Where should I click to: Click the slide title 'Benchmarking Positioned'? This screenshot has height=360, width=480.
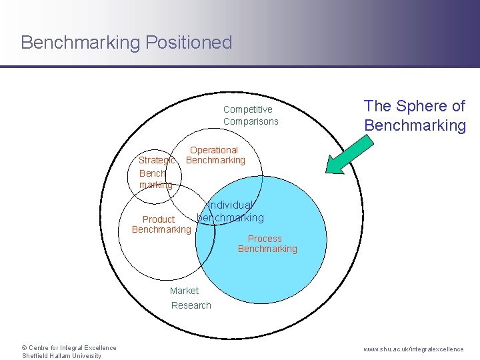point(126,43)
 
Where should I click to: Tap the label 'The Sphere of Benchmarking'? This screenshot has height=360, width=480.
point(414,115)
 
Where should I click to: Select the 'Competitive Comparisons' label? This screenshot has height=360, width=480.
point(251,115)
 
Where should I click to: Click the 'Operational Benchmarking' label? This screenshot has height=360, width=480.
point(215,155)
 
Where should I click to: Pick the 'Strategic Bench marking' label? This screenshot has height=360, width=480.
point(156,172)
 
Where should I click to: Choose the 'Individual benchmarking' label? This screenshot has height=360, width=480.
point(231,211)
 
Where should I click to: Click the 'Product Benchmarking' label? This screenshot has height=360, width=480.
point(161,225)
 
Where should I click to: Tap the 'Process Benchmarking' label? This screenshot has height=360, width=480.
point(267,243)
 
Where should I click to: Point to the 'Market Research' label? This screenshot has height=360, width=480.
point(190,298)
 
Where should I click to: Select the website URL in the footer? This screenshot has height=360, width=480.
point(413,349)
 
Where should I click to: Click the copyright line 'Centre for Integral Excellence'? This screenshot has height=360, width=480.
point(69,347)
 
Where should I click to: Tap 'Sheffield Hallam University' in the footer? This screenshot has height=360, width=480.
point(61,355)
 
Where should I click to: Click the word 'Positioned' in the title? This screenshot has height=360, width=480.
point(189,43)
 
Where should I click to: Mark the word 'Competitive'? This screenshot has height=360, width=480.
point(248,109)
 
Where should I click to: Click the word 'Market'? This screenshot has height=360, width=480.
point(184,291)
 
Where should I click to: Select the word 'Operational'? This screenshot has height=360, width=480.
point(214,150)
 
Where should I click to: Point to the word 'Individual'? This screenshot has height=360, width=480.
point(231,205)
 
